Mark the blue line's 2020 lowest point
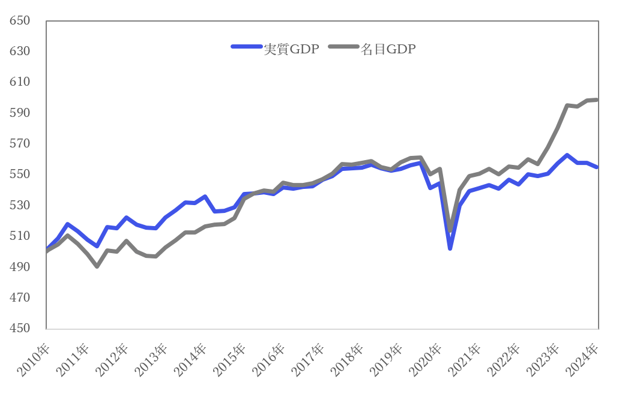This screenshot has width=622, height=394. point(450,248)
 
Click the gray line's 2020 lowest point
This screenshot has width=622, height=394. point(450,230)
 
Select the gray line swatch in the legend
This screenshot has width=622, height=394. point(344,47)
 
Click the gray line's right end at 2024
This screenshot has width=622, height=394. point(597,100)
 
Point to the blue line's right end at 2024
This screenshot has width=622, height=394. point(597,167)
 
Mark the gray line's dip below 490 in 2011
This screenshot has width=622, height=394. point(97,266)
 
